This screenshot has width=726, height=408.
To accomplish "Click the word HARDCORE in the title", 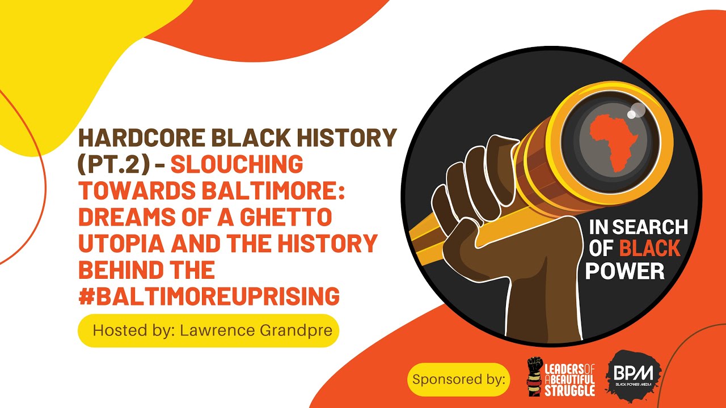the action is pyautogui.click(x=142, y=137).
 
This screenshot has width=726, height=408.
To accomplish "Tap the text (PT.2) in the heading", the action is pyautogui.click(x=114, y=164).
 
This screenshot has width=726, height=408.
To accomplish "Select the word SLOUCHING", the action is pyautogui.click(x=237, y=164).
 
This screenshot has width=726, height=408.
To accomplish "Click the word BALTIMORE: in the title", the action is pyautogui.click(x=273, y=190).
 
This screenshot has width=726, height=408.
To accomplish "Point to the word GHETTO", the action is pyautogui.click(x=286, y=217).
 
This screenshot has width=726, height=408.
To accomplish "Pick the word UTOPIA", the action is pyautogui.click(x=121, y=244).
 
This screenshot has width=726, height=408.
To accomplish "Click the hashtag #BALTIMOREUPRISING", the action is pyautogui.click(x=209, y=296).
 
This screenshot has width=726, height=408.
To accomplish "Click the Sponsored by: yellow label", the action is pyautogui.click(x=459, y=380).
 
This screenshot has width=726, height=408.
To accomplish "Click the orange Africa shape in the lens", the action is pyautogui.click(x=612, y=143).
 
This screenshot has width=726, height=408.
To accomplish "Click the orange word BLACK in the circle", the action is pyautogui.click(x=649, y=248).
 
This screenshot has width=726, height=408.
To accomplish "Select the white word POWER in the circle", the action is pyautogui.click(x=624, y=271).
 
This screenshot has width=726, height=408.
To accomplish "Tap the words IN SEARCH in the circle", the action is pyautogui.click(x=638, y=227).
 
